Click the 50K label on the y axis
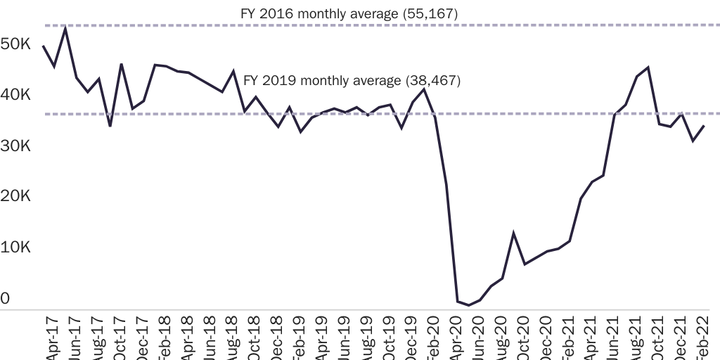point(15,44)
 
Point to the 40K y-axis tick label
point(15,95)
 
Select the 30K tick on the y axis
point(15,146)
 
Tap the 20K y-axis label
point(15,197)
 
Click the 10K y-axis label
point(15,248)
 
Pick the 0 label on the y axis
point(5,299)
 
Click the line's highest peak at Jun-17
point(65,27)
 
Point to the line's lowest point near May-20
point(469,305)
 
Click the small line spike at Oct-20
point(514,233)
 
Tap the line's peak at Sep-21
point(648,67)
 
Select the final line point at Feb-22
point(705,126)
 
